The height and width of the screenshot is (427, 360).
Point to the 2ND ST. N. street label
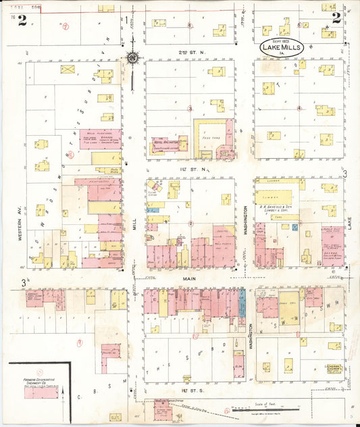186,52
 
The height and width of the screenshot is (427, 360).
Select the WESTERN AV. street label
22,226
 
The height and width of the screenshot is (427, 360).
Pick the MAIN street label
190,277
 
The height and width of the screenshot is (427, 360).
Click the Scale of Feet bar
265,409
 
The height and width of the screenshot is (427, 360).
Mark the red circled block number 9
79,343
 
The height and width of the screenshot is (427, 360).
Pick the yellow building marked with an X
68,69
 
